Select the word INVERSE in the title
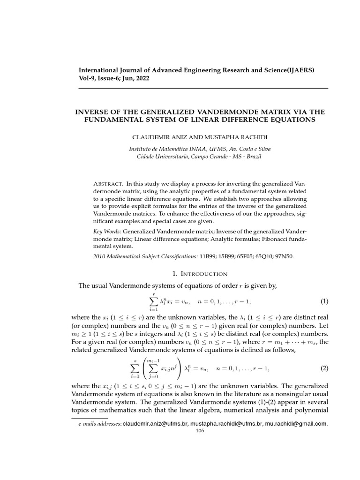pyautogui.click(x=92, y=112)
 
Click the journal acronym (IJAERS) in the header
pyautogui.click(x=299, y=70)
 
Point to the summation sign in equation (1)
pyautogui.click(x=154, y=300)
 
